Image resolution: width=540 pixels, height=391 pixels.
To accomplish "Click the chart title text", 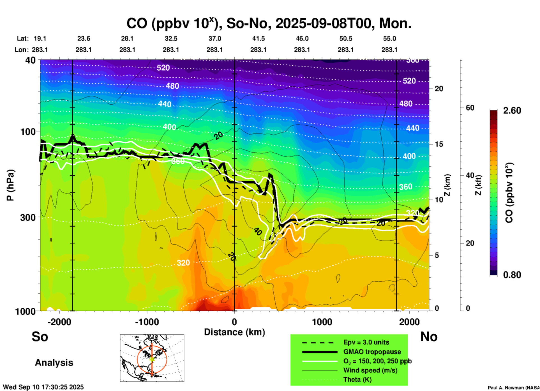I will [x=269, y=23].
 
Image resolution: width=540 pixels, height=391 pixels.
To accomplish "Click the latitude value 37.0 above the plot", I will [x=214, y=38].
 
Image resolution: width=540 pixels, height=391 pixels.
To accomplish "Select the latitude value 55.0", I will [x=389, y=38].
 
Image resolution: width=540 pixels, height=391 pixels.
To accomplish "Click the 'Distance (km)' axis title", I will [x=234, y=332].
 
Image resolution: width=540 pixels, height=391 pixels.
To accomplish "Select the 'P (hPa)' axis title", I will [x=10, y=185].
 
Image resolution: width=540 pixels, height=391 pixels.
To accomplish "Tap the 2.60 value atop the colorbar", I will [x=512, y=111].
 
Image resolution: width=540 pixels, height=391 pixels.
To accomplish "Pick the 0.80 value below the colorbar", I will [x=512, y=275].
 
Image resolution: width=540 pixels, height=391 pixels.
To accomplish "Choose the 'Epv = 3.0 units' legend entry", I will [x=366, y=342].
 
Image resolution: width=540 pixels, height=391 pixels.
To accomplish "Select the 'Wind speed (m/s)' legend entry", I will [x=370, y=370].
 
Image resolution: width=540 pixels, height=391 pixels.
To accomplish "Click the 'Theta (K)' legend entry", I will [x=357, y=380].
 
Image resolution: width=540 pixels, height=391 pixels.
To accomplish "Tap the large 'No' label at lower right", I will [x=429, y=337].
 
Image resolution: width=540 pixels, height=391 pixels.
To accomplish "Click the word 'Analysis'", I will [x=54, y=363].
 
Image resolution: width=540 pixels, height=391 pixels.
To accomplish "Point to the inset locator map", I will [x=152, y=358].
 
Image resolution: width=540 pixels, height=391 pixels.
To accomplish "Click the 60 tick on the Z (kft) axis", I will [x=470, y=108].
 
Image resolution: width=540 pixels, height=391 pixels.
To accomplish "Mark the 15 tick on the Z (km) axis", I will [x=439, y=144].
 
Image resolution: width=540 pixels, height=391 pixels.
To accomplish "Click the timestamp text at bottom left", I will [x=43, y=387].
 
